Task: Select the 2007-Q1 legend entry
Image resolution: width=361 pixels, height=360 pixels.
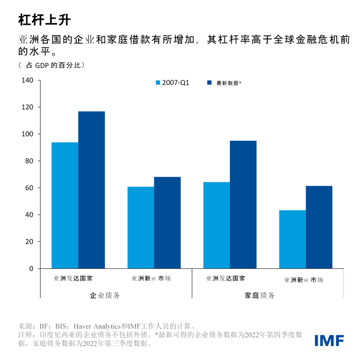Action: [x=172, y=83]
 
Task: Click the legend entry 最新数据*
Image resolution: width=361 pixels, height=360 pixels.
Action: [x=225, y=83]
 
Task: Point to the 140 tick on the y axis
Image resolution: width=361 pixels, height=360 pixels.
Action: [x=27, y=80]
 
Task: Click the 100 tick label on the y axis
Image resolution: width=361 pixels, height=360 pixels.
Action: [x=27, y=134]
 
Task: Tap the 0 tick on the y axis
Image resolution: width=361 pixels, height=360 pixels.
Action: [x=31, y=269]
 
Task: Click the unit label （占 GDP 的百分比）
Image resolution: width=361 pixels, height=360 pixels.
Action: [x=52, y=66]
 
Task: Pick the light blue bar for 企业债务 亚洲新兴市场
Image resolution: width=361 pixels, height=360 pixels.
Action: [x=141, y=227]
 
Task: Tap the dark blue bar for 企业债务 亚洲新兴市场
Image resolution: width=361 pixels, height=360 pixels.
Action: [x=167, y=223]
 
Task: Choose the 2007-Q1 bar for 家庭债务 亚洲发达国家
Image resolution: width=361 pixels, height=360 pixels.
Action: [x=217, y=225]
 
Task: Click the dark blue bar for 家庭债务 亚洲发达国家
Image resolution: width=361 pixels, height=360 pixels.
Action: [x=243, y=205]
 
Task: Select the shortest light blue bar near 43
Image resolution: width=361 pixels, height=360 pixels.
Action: [x=292, y=239]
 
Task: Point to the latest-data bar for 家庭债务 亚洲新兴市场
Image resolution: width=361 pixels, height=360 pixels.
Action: [x=319, y=227]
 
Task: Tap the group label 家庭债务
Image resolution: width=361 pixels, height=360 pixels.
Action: [x=259, y=296]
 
